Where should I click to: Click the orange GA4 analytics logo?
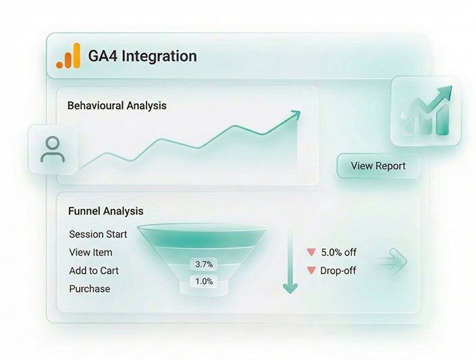coord(69,56)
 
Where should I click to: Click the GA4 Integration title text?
coord(142,56)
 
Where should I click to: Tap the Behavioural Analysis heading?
coord(117,106)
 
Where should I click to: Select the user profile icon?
coord(53,149)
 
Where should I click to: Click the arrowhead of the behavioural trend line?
coord(296,115)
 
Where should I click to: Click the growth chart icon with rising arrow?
coord(426,111)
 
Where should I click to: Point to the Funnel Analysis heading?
coord(105,211)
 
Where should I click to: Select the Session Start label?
coord(98,234)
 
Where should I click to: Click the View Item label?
coord(90,253)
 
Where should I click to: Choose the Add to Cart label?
coord(94,271)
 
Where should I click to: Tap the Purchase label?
coord(90,288)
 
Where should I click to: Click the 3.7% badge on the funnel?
coord(204,264)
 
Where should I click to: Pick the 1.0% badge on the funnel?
coord(204,282)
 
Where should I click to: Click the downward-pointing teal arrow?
coord(290,263)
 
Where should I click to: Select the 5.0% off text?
coord(339,252)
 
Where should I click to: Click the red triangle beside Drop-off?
coord(311,270)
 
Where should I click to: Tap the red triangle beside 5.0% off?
coord(311,252)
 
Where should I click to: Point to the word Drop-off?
coord(338,270)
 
